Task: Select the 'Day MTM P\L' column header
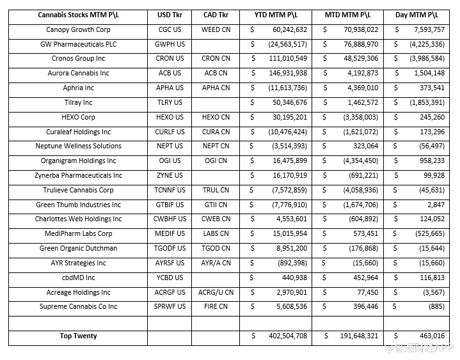pyautogui.click(x=419, y=15)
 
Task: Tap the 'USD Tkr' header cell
pyautogui.click(x=169, y=15)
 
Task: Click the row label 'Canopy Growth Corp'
pyautogui.click(x=78, y=29)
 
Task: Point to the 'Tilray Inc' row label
pyautogui.click(x=78, y=102)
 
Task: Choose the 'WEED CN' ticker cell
pyautogui.click(x=216, y=29)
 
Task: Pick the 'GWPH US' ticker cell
pyautogui.click(x=170, y=44)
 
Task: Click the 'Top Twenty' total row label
pyautogui.click(x=78, y=336)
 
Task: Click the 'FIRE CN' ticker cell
pyautogui.click(x=216, y=307)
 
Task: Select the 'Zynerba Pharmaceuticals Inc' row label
pyautogui.click(x=78, y=175)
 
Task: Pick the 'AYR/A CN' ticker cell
pyautogui.click(x=216, y=263)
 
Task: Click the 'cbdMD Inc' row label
pyautogui.click(x=78, y=278)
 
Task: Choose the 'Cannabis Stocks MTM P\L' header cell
pyautogui.click(x=78, y=15)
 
